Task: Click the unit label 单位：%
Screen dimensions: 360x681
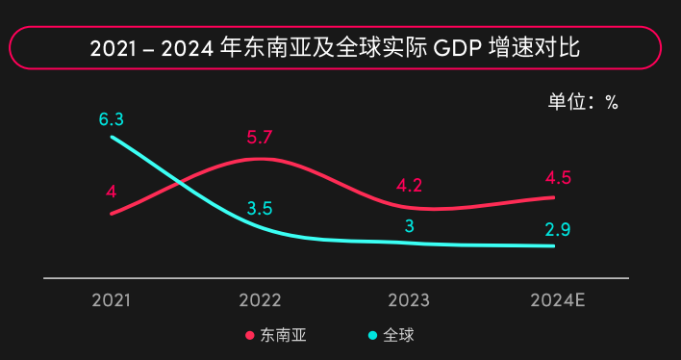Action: pyautogui.click(x=583, y=102)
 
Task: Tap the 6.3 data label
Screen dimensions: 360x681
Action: pyautogui.click(x=112, y=119)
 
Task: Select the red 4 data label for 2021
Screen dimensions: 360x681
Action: pyautogui.click(x=112, y=191)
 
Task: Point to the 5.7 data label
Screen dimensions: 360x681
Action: pyautogui.click(x=260, y=137)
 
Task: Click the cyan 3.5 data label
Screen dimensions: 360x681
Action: pyautogui.click(x=260, y=208)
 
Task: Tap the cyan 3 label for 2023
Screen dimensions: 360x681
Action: pyautogui.click(x=409, y=227)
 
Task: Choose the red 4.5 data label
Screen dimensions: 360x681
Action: pyautogui.click(x=558, y=177)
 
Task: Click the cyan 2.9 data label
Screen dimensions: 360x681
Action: pyautogui.click(x=558, y=229)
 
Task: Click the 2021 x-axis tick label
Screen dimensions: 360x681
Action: pyautogui.click(x=112, y=299)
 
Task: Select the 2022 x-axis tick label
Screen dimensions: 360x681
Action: pyautogui.click(x=260, y=299)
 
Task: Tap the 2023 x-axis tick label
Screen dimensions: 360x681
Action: pyautogui.click(x=409, y=299)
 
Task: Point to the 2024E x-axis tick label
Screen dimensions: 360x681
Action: pyautogui.click(x=558, y=299)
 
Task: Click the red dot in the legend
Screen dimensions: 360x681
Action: pyautogui.click(x=250, y=336)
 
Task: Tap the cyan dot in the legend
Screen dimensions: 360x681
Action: pyautogui.click(x=373, y=336)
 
